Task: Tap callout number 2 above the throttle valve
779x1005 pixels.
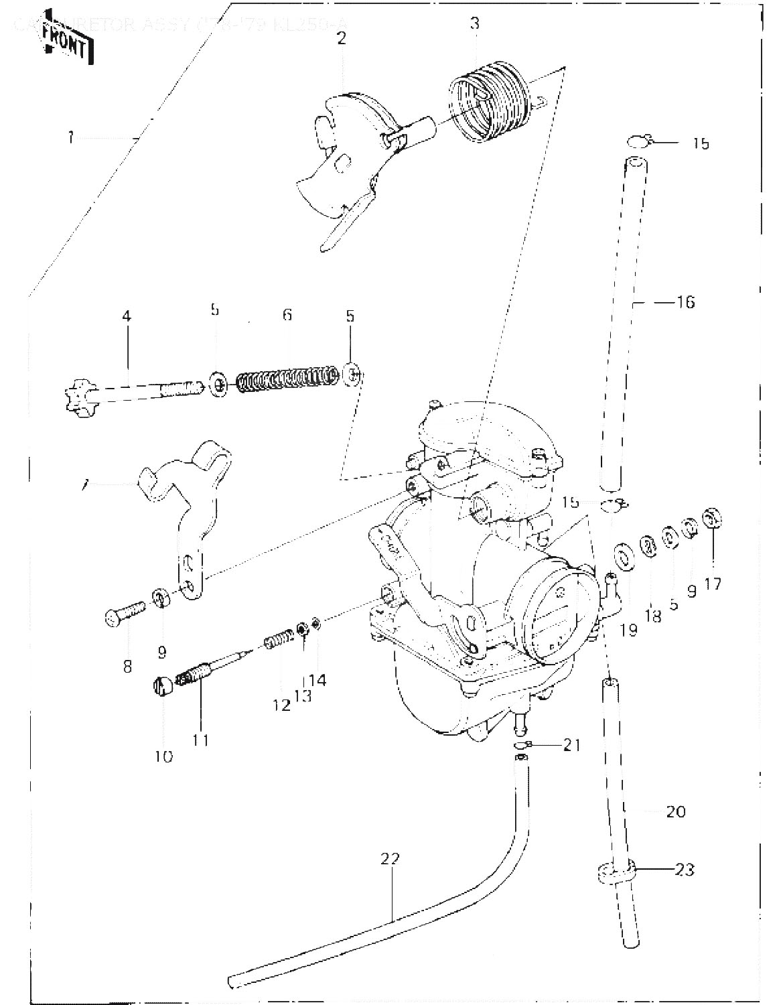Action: (x=342, y=38)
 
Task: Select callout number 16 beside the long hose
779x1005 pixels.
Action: (x=685, y=302)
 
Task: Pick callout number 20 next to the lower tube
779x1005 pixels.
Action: (x=676, y=811)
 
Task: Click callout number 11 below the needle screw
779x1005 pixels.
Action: (x=201, y=740)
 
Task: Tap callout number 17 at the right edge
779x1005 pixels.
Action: (x=713, y=584)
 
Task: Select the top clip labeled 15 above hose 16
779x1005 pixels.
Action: (x=640, y=140)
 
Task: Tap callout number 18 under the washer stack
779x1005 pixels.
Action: (x=652, y=616)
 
